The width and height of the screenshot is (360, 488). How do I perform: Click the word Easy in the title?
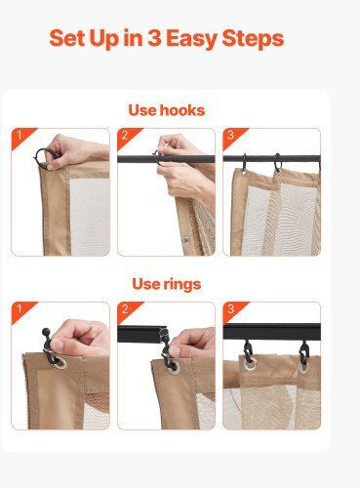191,39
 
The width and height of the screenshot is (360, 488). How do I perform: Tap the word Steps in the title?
253,39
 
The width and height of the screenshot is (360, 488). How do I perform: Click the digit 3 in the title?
154,38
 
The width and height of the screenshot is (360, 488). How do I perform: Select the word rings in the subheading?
182,285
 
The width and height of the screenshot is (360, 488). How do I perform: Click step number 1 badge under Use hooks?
20,136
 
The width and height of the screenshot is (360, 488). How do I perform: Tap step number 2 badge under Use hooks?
126,136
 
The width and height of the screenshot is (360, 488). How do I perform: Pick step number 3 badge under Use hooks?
231,136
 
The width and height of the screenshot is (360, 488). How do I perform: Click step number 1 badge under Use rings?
20,309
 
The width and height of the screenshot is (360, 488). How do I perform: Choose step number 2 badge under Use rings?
126,309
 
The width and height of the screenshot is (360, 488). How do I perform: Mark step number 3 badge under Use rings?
231,309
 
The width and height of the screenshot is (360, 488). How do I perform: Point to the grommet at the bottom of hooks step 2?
186,241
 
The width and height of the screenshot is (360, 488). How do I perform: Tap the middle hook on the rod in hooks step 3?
277,163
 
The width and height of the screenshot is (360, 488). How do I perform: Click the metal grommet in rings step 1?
60,363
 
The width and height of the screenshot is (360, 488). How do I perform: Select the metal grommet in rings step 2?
173,366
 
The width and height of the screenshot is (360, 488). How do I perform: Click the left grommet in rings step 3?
250,365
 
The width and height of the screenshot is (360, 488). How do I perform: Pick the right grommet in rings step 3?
303,367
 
